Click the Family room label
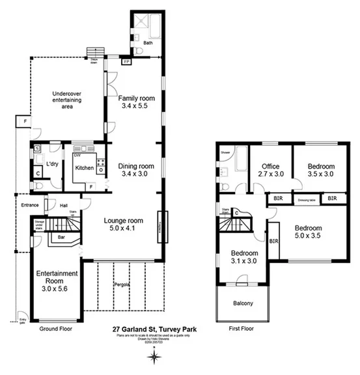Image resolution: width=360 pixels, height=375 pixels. pyautogui.click(x=135, y=98)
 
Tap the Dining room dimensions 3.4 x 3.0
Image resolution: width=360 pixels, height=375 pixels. pyautogui.click(x=135, y=174)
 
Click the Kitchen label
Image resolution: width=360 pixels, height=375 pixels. pyautogui.click(x=84, y=168)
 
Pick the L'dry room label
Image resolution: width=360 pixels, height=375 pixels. pyautogui.click(x=52, y=163)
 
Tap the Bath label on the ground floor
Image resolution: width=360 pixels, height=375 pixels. pyautogui.click(x=148, y=44)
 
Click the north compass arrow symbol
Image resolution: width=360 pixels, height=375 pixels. pyautogui.click(x=154, y=357)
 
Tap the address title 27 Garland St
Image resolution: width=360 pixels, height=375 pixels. pyautogui.click(x=154, y=330)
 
